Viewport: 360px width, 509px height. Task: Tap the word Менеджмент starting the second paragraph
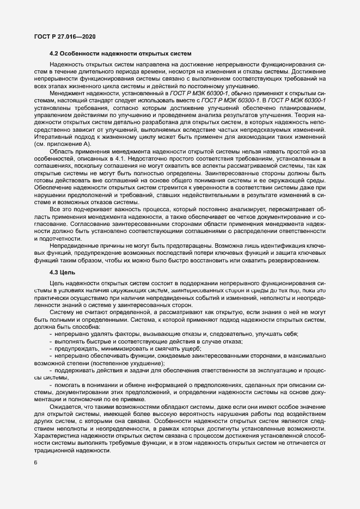(68, 94)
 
